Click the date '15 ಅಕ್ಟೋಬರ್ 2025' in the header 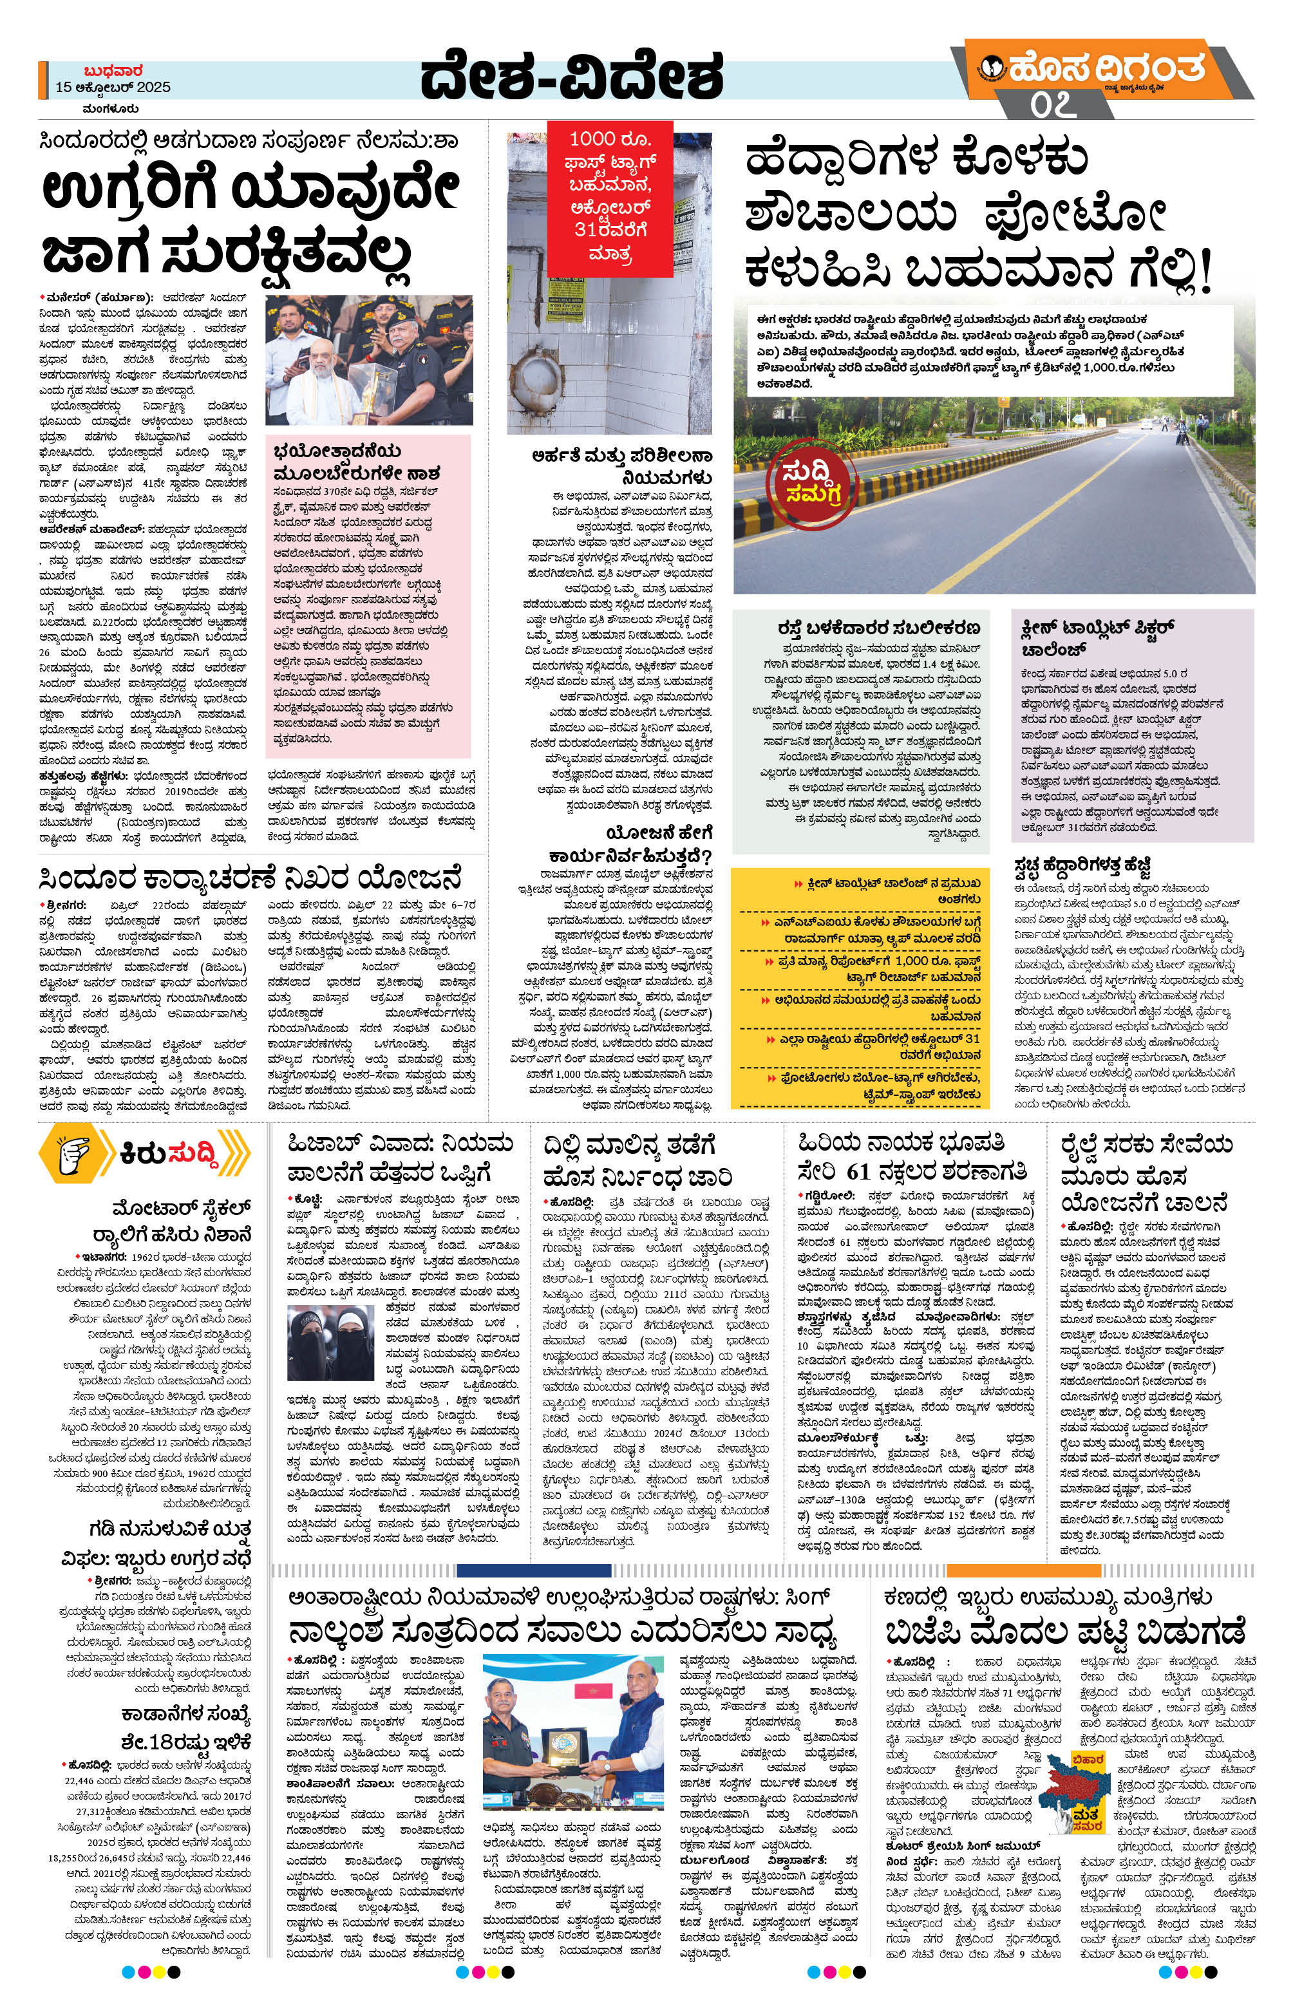point(113,87)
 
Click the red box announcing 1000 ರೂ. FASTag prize point(610,196)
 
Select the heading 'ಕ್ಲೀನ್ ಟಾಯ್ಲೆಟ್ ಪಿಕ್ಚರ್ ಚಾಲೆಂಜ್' point(1099,637)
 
